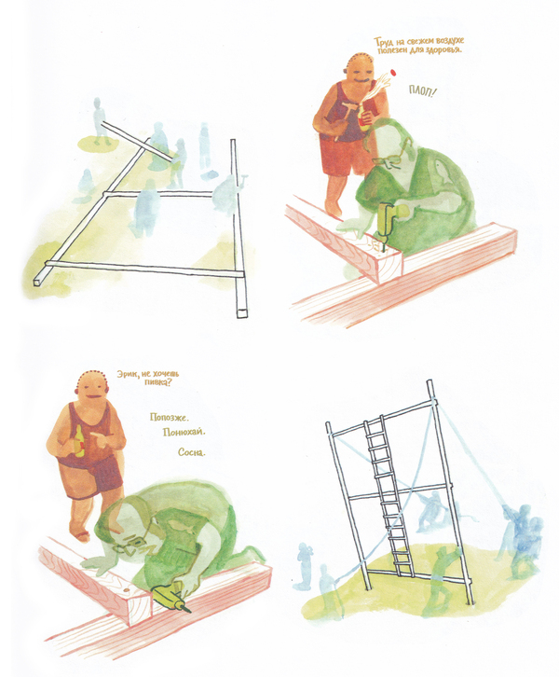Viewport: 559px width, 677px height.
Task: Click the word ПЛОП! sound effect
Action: tap(421, 91)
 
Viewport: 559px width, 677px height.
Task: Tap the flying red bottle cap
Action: tap(391, 73)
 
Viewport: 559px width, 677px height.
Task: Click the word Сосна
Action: tap(192, 452)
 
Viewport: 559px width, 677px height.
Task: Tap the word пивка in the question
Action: tap(158, 382)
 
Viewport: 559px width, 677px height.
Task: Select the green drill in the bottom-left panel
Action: tap(171, 595)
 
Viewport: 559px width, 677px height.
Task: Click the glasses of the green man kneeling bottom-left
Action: tap(132, 546)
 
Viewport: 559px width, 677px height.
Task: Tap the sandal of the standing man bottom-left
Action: tap(83, 536)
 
